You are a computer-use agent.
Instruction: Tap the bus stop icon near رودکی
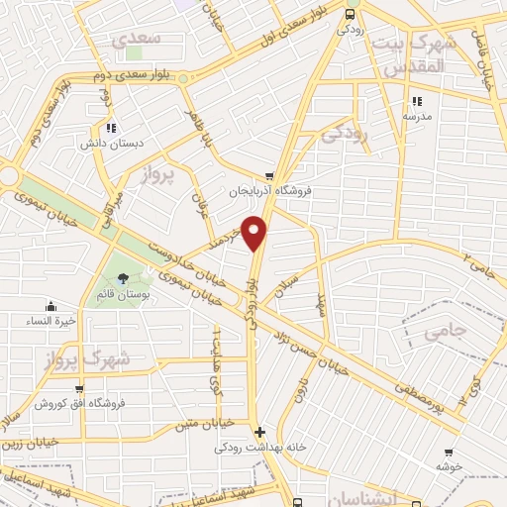point(350,14)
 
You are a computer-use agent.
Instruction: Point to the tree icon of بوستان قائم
point(122,279)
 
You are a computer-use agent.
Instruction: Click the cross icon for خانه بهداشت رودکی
point(259,432)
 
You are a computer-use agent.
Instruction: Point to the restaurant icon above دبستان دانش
point(112,127)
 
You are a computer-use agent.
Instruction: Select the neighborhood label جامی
point(444,333)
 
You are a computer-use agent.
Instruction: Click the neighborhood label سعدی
point(135,39)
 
